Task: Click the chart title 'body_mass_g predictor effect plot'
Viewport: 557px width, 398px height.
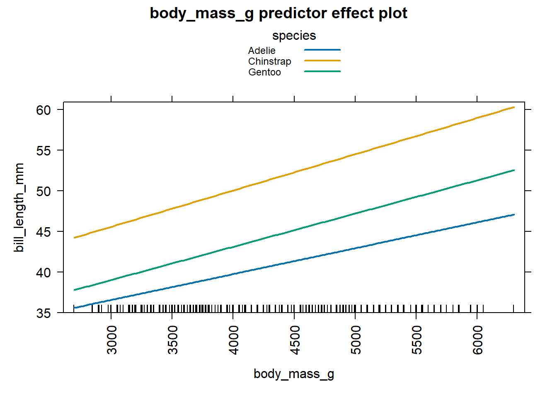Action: click(x=278, y=13)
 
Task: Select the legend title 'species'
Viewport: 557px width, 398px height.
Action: click(x=294, y=36)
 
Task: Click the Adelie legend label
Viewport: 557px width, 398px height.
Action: click(x=262, y=51)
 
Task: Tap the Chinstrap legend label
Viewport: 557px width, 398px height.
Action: click(x=269, y=61)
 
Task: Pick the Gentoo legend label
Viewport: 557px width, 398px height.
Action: click(x=264, y=72)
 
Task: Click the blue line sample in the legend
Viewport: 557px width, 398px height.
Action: click(x=322, y=50)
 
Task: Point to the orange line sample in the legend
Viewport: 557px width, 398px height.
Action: click(x=322, y=61)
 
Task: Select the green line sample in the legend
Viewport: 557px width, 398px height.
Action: click(x=322, y=71)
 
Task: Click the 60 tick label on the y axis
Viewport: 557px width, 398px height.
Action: click(x=44, y=110)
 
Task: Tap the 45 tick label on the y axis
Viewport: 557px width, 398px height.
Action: click(x=44, y=232)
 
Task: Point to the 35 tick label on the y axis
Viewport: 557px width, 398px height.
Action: click(x=44, y=313)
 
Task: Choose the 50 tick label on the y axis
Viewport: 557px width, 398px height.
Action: click(x=44, y=191)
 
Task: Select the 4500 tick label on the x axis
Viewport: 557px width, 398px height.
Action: click(x=295, y=340)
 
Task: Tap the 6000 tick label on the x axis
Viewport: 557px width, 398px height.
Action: click(x=478, y=340)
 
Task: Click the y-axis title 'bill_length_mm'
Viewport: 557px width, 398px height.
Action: click(x=19, y=207)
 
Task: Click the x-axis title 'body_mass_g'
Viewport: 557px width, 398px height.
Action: click(x=294, y=374)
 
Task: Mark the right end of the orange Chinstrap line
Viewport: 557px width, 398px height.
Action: click(x=514, y=107)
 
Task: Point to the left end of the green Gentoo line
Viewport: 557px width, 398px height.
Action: click(x=74, y=290)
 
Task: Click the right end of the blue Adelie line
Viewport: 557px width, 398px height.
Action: click(x=514, y=215)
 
